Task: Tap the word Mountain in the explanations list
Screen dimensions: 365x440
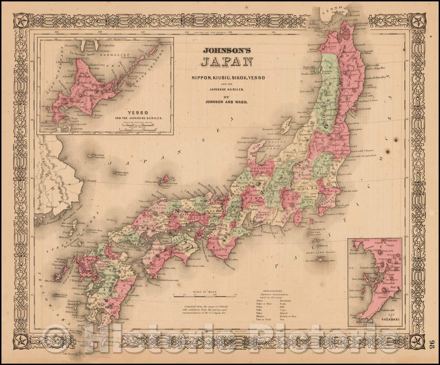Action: pos(285,301)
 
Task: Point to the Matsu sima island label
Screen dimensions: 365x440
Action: pos(119,172)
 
